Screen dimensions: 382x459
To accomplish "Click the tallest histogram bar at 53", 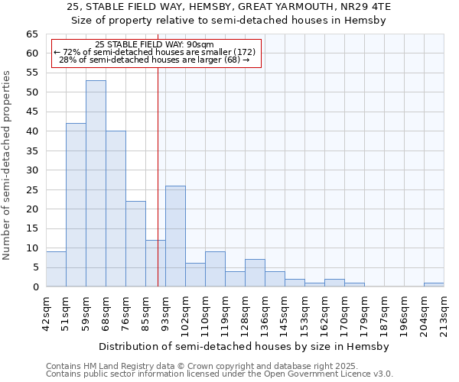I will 96,183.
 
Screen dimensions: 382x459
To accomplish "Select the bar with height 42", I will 76,205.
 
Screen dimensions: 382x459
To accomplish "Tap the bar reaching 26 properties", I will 175,236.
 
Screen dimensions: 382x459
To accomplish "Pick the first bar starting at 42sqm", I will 56,269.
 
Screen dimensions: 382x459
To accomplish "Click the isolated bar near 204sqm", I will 434,285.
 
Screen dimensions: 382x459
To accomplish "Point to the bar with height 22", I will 135,244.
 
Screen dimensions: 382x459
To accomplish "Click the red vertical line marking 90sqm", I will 158,176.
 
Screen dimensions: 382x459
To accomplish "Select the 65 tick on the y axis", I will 32,34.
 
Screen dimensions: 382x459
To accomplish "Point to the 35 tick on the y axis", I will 32,151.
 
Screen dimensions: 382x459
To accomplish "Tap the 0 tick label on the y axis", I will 35,287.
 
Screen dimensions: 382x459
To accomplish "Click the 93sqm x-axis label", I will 165,312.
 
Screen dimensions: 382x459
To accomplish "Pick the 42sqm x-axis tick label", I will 46,312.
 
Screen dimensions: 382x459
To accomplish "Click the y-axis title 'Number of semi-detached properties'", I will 8,165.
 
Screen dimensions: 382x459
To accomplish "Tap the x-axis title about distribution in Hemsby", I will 245,346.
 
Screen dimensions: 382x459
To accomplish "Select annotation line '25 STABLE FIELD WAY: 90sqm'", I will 155,44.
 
